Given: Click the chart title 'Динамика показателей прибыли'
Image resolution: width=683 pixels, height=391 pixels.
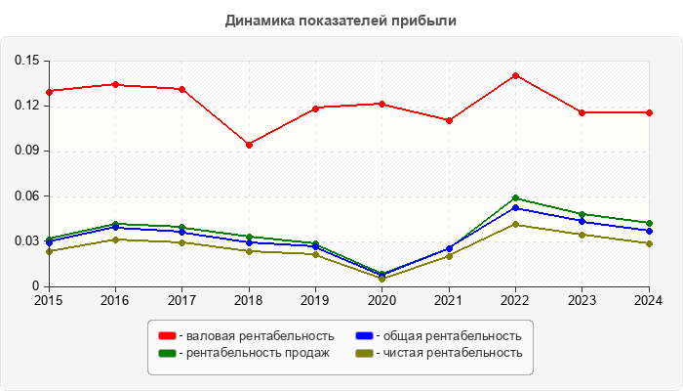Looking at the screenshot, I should coord(341,20).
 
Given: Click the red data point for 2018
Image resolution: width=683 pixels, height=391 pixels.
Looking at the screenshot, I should coord(249,145).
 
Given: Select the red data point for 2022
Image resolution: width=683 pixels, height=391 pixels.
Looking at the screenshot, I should coord(515,75).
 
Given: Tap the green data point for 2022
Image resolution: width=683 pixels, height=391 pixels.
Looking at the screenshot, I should coord(515,198).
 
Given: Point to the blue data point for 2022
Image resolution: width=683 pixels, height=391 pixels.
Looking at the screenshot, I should coord(515,207).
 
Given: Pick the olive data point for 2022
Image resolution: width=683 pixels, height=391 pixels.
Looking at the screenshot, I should coord(515,225).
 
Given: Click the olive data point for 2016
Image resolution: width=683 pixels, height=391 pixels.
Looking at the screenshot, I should coord(115,239).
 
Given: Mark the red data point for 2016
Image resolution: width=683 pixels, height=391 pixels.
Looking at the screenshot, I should coord(115,84).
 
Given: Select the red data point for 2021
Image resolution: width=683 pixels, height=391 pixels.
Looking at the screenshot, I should coord(449,120).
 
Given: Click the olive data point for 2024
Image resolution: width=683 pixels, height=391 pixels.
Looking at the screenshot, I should coord(649,243).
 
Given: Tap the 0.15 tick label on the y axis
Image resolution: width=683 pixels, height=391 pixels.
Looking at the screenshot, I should coord(26,61).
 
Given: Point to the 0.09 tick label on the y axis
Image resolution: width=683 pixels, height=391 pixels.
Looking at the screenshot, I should coord(26,151).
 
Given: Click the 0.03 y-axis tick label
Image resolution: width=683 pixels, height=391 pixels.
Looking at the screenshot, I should coord(26,241).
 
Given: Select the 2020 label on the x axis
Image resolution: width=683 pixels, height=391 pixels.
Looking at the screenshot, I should coord(382,300).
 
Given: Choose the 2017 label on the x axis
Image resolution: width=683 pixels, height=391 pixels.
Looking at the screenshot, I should coord(181,300).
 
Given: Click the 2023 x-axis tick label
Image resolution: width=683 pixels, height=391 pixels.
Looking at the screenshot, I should coord(583,300).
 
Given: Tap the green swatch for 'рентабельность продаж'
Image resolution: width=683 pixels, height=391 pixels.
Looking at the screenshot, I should coord(168,353).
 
